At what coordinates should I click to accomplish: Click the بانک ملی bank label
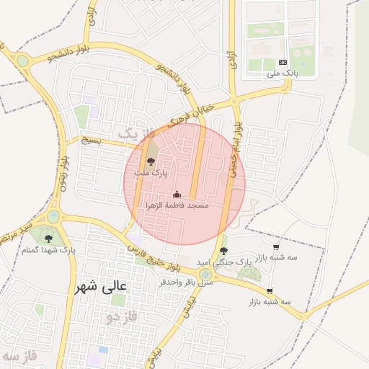(x=282, y=73)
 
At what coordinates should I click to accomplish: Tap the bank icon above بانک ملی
(x=282, y=63)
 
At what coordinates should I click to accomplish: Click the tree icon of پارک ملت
(x=151, y=162)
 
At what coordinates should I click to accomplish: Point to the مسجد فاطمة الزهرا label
(x=177, y=205)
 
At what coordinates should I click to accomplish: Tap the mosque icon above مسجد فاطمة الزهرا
(x=177, y=195)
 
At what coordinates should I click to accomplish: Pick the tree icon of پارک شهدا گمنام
(x=49, y=238)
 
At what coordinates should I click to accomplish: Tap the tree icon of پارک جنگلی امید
(x=223, y=252)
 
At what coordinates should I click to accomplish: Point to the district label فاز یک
(x=135, y=133)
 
